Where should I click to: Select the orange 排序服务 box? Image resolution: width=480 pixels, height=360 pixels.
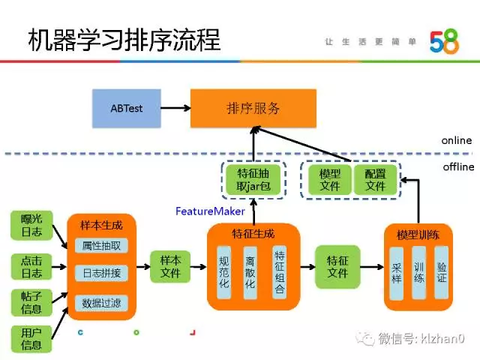point(253,108)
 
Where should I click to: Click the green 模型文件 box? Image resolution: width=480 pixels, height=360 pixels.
point(325,180)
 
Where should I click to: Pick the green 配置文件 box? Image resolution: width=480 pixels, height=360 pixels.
point(374,180)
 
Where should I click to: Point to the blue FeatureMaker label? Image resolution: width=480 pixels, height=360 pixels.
point(210,211)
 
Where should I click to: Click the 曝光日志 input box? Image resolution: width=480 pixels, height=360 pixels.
point(31,226)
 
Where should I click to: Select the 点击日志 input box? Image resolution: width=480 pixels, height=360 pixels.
point(31,265)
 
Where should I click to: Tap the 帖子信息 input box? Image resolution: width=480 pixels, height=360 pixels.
point(31,302)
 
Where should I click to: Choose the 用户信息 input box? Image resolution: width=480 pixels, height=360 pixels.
point(31,338)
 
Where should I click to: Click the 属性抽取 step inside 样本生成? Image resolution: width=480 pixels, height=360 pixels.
point(100,245)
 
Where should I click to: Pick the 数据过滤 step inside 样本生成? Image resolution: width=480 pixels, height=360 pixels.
point(100,303)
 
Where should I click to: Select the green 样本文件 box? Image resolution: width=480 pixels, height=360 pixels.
point(171,266)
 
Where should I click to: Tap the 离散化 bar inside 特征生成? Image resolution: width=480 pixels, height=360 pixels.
point(250,272)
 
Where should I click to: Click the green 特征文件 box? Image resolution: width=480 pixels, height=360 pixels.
point(337,266)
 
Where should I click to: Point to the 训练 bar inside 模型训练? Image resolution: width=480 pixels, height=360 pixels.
point(418,271)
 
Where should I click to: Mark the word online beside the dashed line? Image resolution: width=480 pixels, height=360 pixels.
point(456,140)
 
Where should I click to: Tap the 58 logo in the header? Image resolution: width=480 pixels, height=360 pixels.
point(443,42)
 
